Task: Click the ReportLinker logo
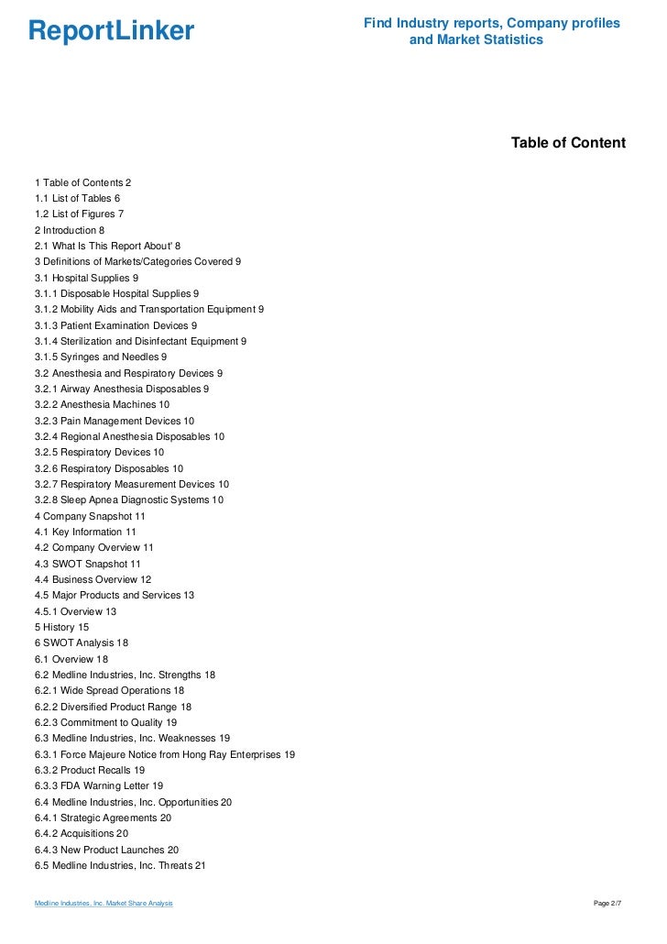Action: coord(111,31)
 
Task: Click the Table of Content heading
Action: coord(568,142)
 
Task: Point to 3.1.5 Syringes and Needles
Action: coord(101,357)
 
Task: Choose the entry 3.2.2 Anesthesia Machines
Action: coord(102,404)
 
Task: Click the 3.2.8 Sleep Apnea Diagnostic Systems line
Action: coord(129,499)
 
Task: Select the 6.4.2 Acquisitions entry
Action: coord(82,833)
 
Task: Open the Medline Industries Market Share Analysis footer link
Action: coord(104,905)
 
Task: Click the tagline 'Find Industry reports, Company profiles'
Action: coord(491,23)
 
